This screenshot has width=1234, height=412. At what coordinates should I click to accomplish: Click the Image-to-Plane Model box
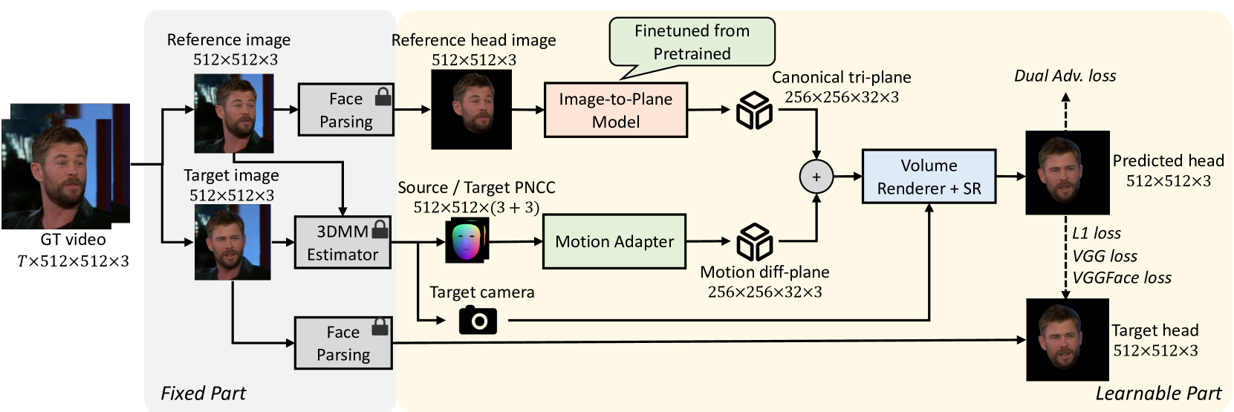pos(615,110)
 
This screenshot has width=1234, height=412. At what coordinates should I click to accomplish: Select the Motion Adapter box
pos(614,241)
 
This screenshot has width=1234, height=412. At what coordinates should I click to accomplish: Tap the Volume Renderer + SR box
pos(929,177)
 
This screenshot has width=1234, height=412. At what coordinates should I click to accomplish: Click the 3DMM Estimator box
pos(342,243)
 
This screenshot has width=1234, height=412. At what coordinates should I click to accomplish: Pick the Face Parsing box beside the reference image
pos(345,110)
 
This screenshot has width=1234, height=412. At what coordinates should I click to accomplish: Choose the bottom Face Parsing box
pos(342,343)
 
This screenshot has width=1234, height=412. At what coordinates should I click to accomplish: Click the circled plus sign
pos(816,177)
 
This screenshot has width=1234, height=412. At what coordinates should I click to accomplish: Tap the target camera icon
pos(478,320)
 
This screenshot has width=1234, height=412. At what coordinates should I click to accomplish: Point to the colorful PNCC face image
pos(467,241)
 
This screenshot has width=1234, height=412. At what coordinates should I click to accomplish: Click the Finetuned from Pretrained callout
pos(692,42)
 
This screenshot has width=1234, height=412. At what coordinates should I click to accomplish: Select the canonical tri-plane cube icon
pos(754,111)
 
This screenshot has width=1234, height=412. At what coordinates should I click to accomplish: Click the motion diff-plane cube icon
pos(754,242)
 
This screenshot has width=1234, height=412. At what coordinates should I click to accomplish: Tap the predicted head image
pos(1067,173)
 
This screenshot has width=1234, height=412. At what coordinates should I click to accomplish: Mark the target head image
pos(1067,340)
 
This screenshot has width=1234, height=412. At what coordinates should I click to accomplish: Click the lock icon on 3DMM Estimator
pos(380,229)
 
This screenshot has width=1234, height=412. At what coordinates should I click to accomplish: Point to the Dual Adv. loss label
pos(1065,76)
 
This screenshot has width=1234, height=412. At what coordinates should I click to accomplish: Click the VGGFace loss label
pos(1121,278)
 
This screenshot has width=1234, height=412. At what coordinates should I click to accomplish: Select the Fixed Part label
pos(203,393)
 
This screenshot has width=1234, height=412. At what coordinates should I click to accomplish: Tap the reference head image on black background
pos(472,109)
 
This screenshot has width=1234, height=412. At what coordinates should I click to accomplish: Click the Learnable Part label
pos(1157,393)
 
